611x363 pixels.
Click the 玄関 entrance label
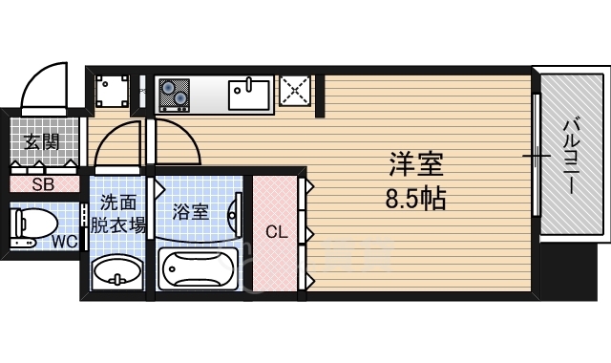click(41, 142)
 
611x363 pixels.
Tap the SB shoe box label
click(42, 185)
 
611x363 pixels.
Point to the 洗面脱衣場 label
click(118, 214)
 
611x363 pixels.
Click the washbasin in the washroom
click(117, 271)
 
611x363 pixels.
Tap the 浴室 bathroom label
click(191, 211)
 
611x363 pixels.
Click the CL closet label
click(276, 232)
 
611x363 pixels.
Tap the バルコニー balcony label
click(570, 156)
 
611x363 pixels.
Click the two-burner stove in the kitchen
click(174, 93)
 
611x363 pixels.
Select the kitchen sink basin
click(249, 94)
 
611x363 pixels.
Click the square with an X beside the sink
click(296, 93)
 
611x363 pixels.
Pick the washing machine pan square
click(114, 93)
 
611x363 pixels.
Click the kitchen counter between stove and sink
click(209, 93)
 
